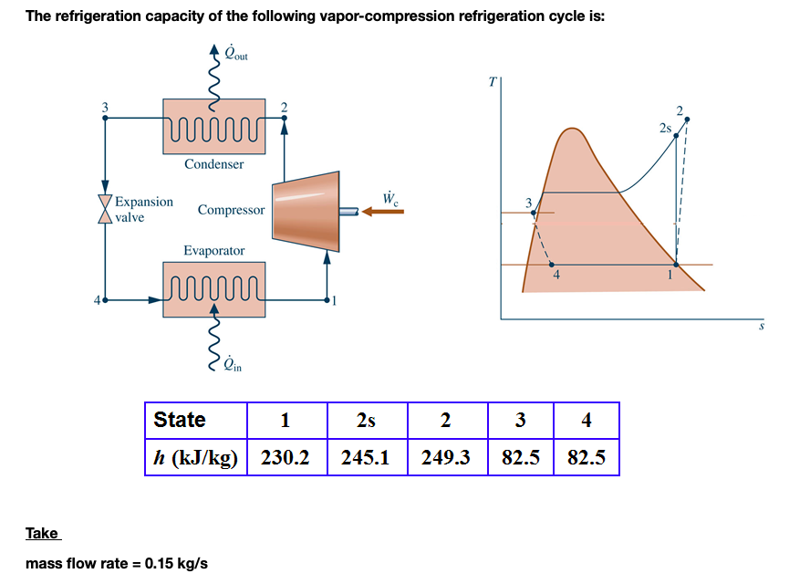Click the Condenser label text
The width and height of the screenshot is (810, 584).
214,164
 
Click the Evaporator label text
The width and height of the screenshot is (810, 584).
214,250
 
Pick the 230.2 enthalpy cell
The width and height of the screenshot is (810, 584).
286,457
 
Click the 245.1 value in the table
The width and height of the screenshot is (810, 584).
366,457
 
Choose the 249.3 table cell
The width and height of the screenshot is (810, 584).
446,457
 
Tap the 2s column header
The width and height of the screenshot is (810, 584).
366,421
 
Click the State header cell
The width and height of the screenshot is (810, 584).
181,421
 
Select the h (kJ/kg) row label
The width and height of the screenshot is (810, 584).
195,457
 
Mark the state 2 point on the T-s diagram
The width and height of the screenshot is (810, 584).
687,119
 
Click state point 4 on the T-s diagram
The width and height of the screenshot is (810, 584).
552,264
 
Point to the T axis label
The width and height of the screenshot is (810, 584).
491,82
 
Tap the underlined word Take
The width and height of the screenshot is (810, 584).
42,533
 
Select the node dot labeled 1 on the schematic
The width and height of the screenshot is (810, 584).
327,298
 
